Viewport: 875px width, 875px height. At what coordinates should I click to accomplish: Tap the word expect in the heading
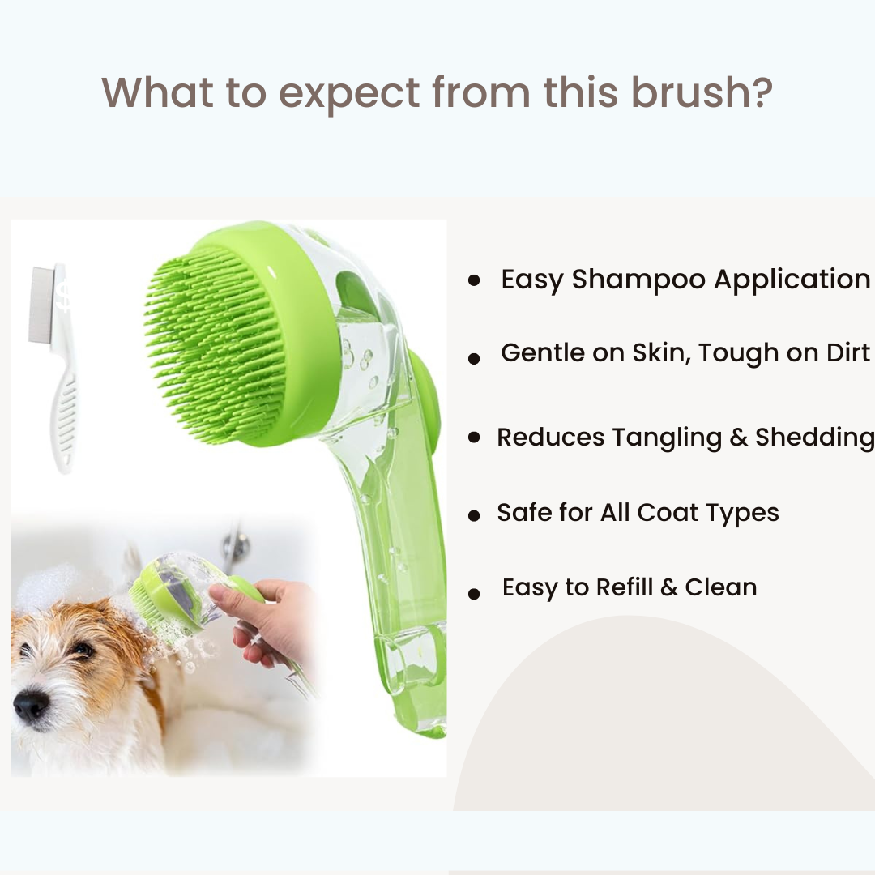coord(348,95)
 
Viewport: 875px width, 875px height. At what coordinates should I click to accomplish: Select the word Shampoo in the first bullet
coord(638,280)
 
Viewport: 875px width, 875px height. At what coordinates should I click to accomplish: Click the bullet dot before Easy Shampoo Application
coord(474,280)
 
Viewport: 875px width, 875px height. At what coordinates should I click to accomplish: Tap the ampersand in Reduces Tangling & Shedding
coord(738,437)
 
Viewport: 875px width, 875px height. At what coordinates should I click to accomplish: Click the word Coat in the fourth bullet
coord(668,512)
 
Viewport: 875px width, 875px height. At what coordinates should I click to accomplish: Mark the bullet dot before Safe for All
coord(474,515)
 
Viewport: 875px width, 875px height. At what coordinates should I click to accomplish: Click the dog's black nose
coord(31,705)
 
